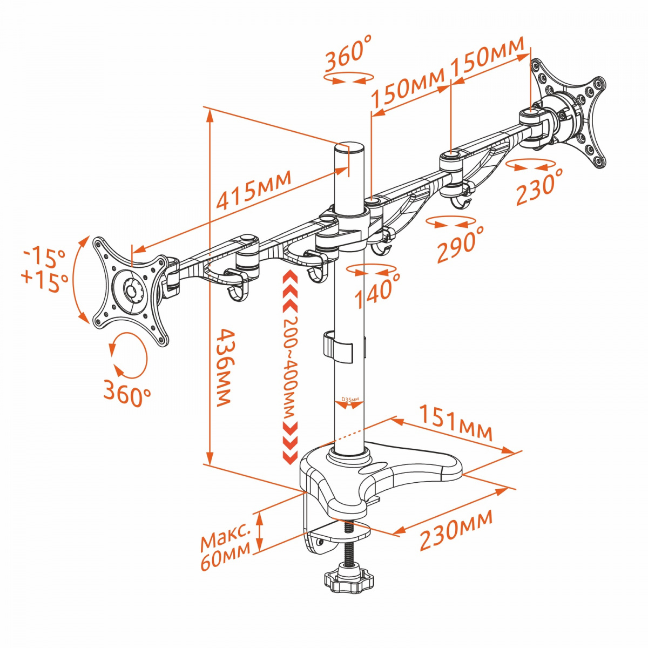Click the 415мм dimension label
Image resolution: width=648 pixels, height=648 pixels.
pyautogui.click(x=253, y=190)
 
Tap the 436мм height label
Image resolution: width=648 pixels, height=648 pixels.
pyautogui.click(x=223, y=368)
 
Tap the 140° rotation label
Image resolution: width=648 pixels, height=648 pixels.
pyautogui.click(x=377, y=291)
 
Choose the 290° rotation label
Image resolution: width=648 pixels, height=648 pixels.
pyautogui.click(x=461, y=242)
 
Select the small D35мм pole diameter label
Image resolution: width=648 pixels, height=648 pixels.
pyautogui.click(x=350, y=399)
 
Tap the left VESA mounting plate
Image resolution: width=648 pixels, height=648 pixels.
pyautogui.click(x=130, y=292)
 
